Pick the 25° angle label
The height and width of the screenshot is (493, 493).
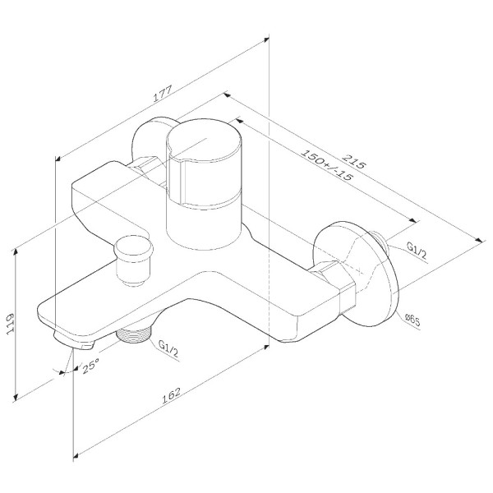[90, 366]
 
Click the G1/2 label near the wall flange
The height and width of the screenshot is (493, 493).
[417, 251]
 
